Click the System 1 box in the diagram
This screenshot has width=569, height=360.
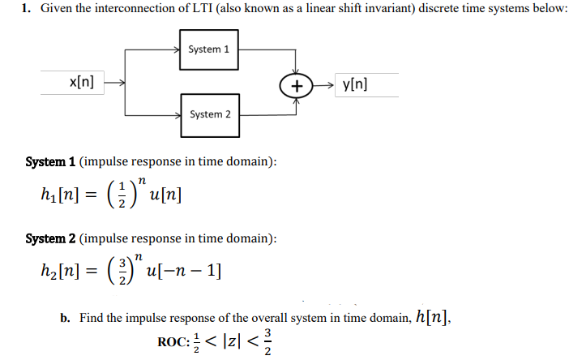tap(208, 49)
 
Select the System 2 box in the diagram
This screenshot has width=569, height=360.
tap(209, 114)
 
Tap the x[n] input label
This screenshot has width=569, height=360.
tap(82, 82)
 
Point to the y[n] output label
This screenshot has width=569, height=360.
tap(354, 83)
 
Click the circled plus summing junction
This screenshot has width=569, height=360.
tap(297, 84)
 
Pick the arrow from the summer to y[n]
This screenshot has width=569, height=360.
tap(323, 84)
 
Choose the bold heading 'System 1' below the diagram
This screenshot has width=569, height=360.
tap(50, 161)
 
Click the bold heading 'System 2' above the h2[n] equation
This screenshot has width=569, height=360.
tap(50, 238)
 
